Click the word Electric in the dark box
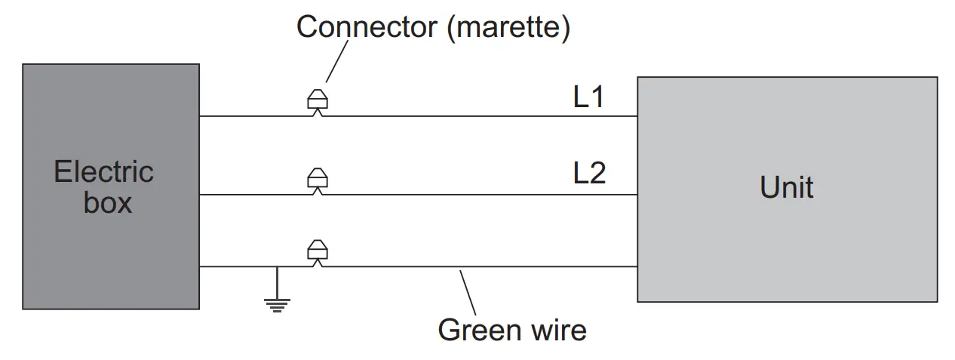tap(103, 173)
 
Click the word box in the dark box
tap(107, 203)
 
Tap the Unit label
tap(787, 186)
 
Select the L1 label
tap(589, 97)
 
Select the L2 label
tap(589, 174)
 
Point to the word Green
tap(480, 330)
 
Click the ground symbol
tap(277, 304)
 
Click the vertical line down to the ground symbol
tap(277, 282)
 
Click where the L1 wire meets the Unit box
tap(637, 116)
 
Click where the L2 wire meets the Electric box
tap(199, 195)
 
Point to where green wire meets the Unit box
tap(637, 266)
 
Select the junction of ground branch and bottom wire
tap(277, 266)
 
